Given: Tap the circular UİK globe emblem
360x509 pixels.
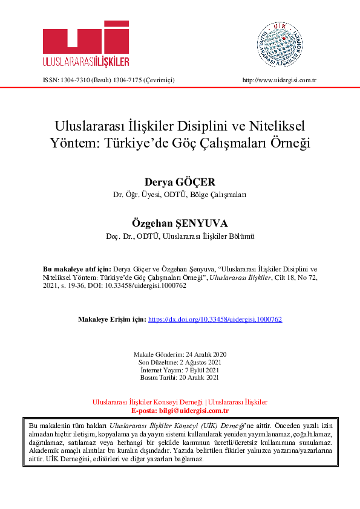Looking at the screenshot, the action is (x=279, y=42).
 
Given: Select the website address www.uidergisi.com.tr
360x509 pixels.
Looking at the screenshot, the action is (x=280, y=80).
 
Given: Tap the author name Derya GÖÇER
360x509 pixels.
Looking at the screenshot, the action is (x=180, y=182).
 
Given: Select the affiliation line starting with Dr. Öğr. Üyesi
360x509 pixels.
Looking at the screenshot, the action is (x=180, y=196).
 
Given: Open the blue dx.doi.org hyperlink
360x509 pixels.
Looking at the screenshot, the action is (x=215, y=319).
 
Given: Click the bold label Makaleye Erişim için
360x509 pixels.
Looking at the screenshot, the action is (x=113, y=319).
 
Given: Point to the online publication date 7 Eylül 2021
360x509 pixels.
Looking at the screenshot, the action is (x=203, y=369).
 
